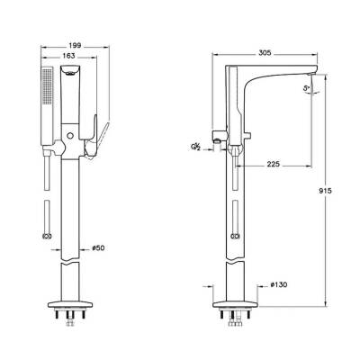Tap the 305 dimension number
pyautogui.click(x=264, y=53)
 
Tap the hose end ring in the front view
pyautogui.click(x=48, y=236)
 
